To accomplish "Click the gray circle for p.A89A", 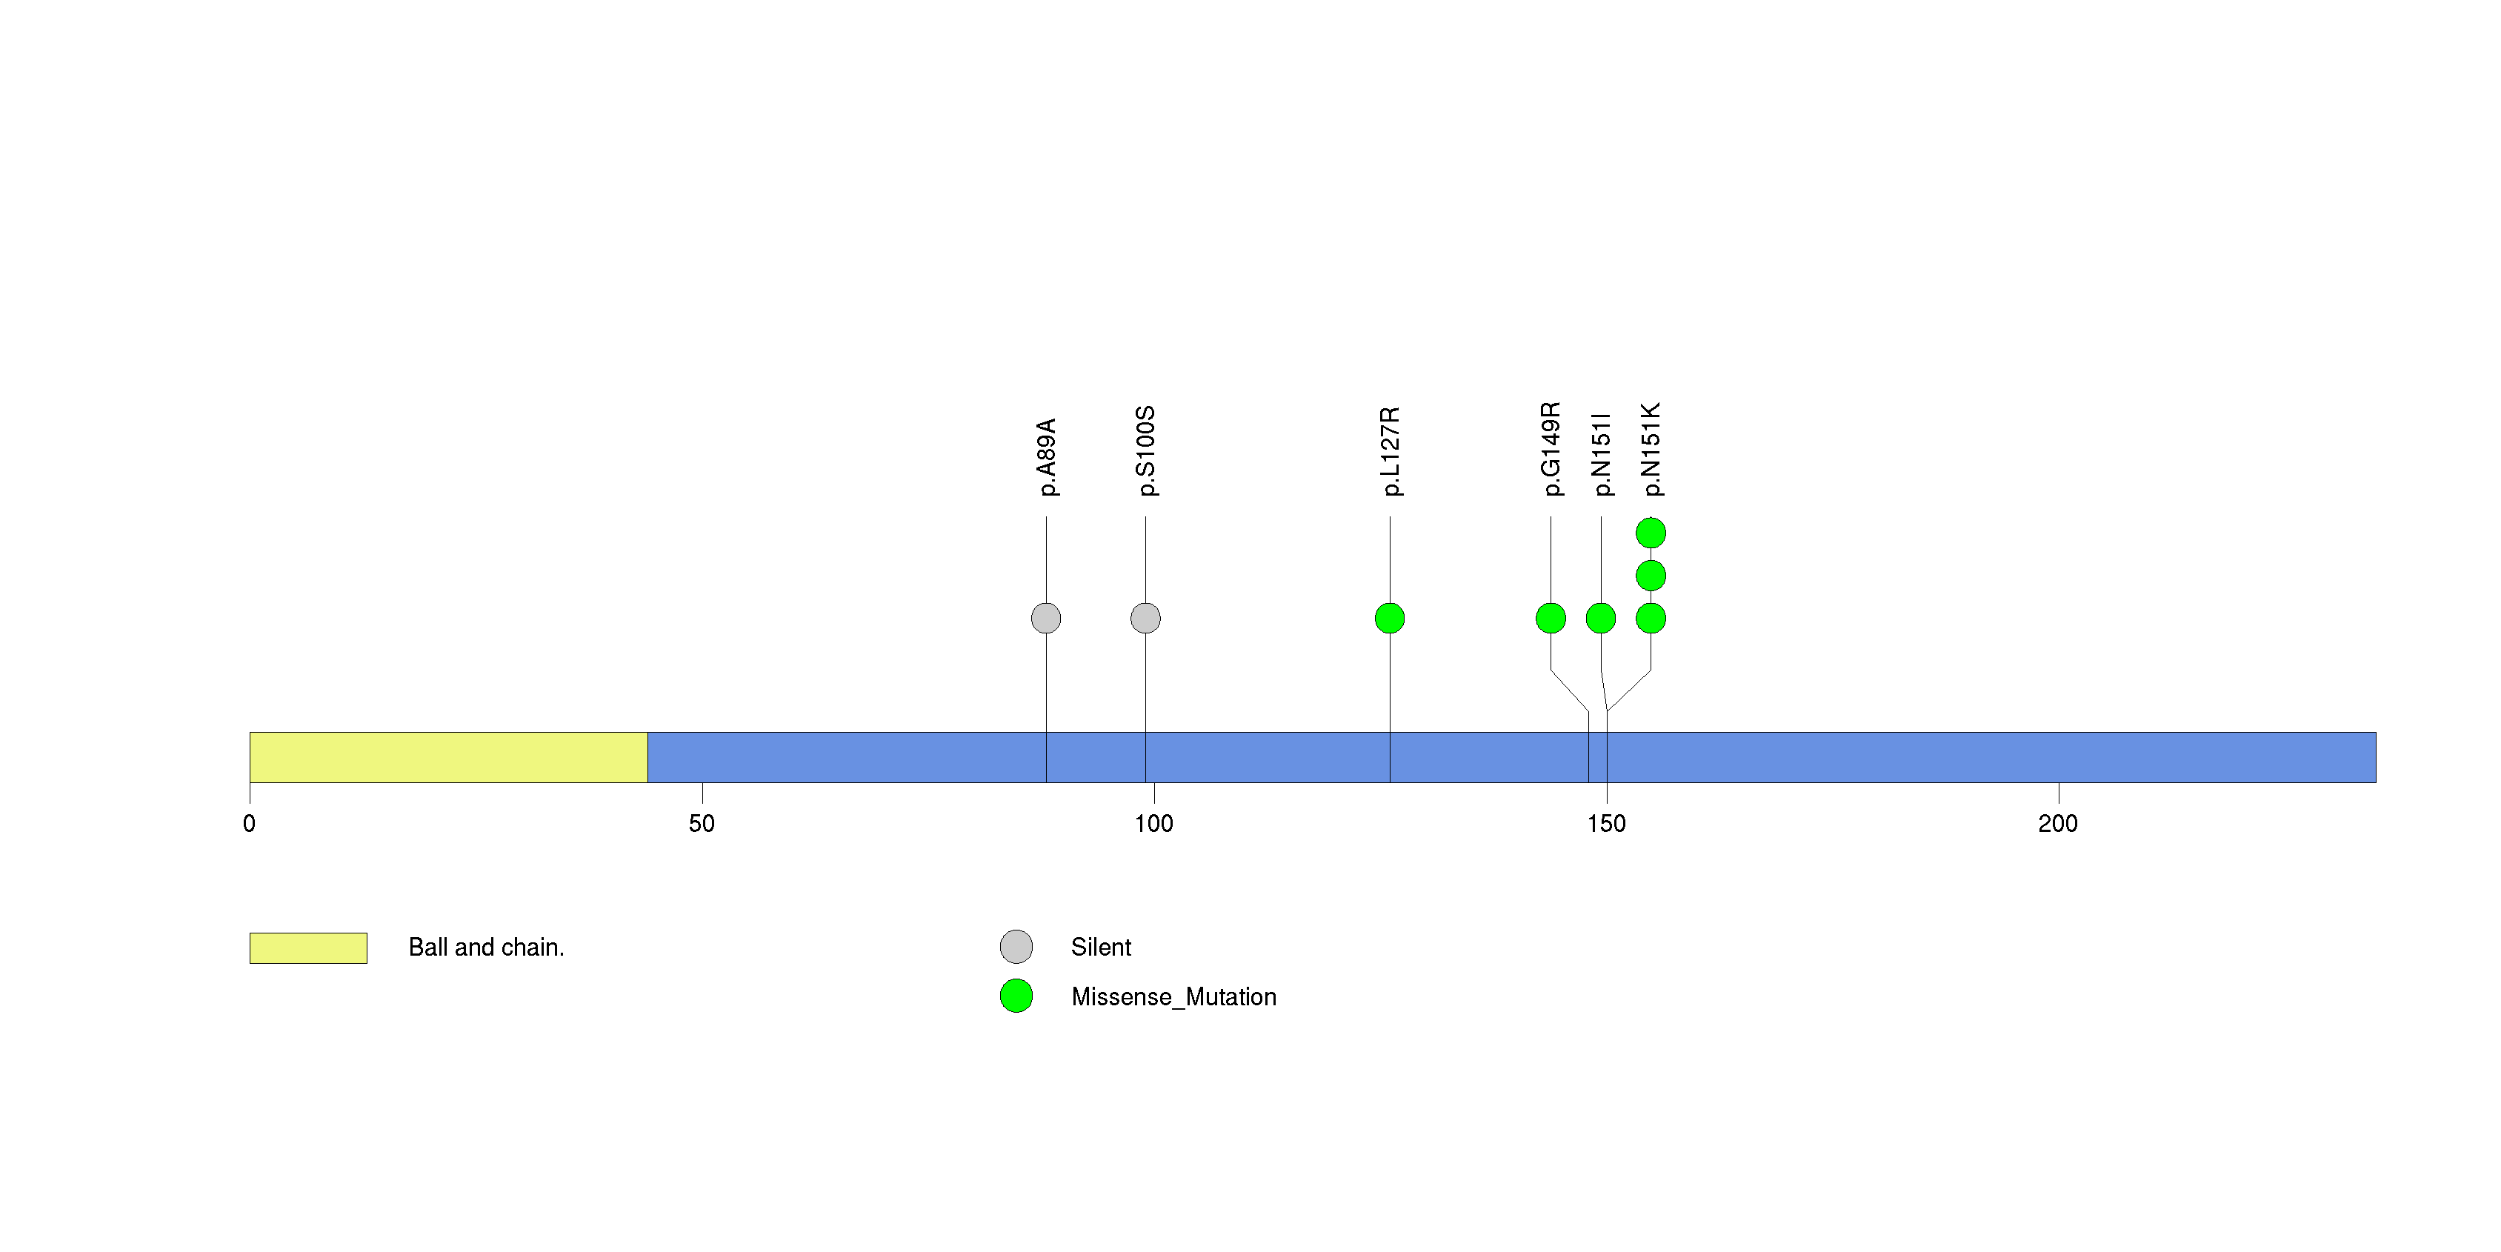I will click(1045, 619).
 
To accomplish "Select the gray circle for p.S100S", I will click(1145, 619).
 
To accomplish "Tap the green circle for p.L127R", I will click(1389, 619).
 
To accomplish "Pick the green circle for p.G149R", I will click(1551, 619).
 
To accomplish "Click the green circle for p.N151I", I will click(1601, 619).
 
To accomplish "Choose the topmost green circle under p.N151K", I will click(1651, 533).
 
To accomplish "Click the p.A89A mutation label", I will click(1045, 457).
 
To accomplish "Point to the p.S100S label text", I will click(1145, 451).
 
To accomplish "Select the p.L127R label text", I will click(1389, 451).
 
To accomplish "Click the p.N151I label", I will click(1601, 453).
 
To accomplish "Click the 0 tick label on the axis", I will click(250, 824).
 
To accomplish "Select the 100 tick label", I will click(1153, 824).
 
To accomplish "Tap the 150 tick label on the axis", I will click(1606, 824).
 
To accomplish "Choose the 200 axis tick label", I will click(2057, 824).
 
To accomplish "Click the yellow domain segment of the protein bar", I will click(447, 757).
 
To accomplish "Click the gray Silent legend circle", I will click(1016, 946).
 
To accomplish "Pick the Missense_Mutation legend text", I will click(1173, 996).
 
